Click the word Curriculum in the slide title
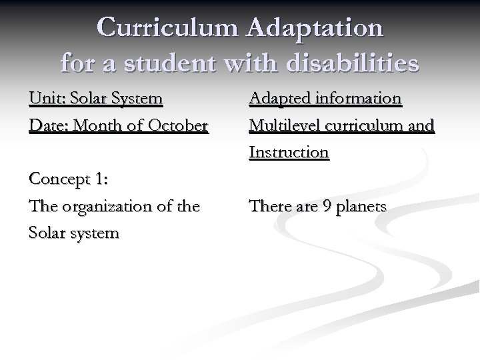(166, 28)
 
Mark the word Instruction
(289, 153)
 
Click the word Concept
(57, 180)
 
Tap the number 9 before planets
(326, 207)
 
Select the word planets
(361, 207)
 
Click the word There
(269, 207)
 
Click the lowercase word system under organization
(92, 234)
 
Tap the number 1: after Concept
(101, 180)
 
